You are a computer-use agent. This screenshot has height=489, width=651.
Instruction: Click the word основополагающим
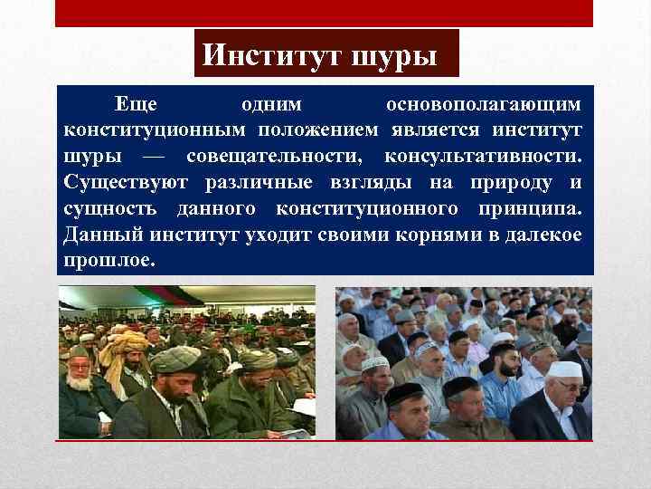[489, 107]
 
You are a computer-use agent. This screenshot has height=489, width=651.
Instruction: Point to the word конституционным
[153, 132]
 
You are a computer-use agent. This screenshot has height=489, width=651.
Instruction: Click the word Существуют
[126, 184]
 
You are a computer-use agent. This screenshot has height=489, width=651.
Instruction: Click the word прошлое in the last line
[109, 261]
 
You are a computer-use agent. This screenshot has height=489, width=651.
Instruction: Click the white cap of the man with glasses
[567, 369]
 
